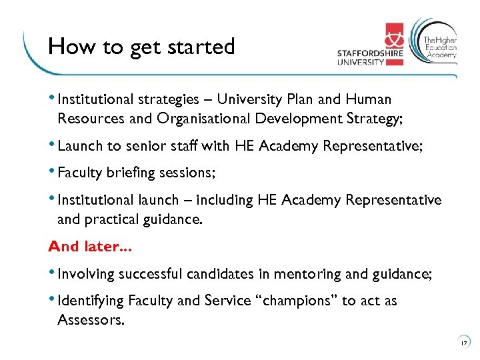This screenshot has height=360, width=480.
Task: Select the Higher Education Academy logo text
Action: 440,47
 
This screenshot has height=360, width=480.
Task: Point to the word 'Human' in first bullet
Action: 369,99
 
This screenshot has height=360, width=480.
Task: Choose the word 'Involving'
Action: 86,274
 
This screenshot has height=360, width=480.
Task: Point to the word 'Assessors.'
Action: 90,321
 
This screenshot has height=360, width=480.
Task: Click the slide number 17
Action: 464,344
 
